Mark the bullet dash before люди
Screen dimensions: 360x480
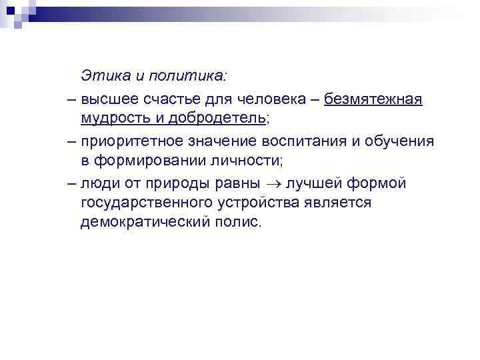pos(71,181)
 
